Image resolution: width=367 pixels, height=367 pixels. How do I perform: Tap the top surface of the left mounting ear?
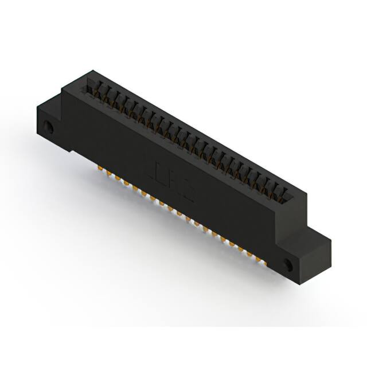(x=49, y=102)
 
